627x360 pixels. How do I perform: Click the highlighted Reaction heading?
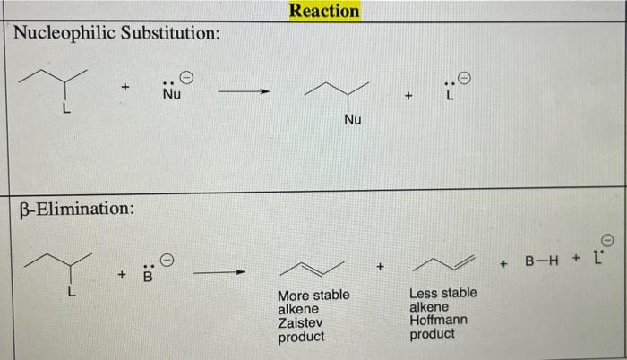click(324, 11)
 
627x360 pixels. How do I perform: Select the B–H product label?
click(543, 262)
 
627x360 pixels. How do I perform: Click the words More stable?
click(313, 296)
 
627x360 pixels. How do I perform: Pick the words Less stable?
click(442, 293)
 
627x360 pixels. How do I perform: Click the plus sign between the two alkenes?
click(380, 267)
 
